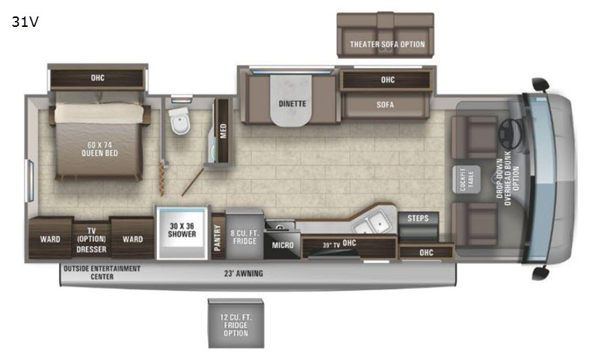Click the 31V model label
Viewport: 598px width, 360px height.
(x=25, y=22)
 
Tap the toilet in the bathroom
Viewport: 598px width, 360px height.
(x=180, y=121)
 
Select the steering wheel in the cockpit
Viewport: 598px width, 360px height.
(x=510, y=134)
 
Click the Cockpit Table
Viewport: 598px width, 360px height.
(x=466, y=179)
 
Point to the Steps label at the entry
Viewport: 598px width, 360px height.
(x=418, y=218)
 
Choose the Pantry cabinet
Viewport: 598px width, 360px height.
(x=218, y=237)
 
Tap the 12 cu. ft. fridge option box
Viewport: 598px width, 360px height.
(x=235, y=323)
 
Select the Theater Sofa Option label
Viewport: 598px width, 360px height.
(x=387, y=44)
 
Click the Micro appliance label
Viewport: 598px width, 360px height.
(x=283, y=245)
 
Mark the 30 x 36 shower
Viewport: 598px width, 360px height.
(x=182, y=233)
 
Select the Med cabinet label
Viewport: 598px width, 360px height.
(x=223, y=131)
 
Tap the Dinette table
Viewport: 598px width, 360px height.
(x=292, y=100)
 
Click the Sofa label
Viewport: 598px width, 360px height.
(x=385, y=105)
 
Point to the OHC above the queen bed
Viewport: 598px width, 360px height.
(x=98, y=78)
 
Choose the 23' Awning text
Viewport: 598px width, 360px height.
(x=244, y=273)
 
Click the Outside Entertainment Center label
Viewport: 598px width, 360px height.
(x=102, y=273)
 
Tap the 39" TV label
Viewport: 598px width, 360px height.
(x=331, y=245)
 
